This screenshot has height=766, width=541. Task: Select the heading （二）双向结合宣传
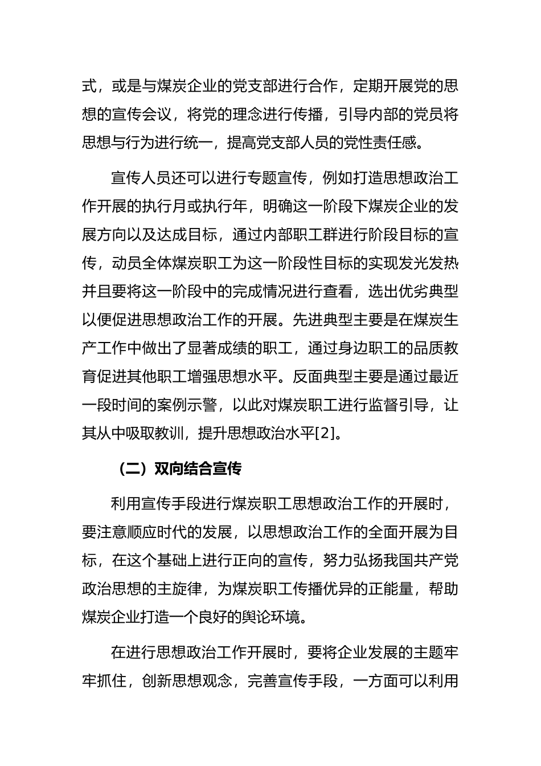click(x=179, y=469)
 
